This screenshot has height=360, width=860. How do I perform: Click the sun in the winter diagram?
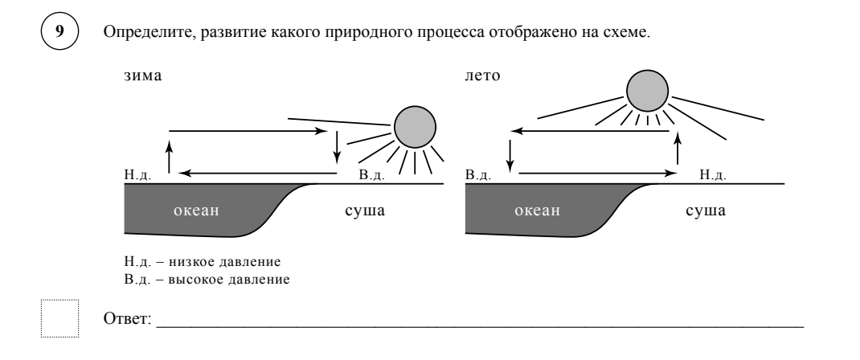pos(415,127)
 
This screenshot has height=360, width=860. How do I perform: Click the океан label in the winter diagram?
pos(197,212)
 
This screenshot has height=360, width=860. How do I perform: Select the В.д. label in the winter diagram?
pos(371,174)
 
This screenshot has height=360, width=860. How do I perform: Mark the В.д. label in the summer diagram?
pos(478,174)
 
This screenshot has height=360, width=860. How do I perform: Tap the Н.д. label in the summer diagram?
pos(714,174)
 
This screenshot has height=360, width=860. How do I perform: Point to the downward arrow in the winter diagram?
pos(338,145)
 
